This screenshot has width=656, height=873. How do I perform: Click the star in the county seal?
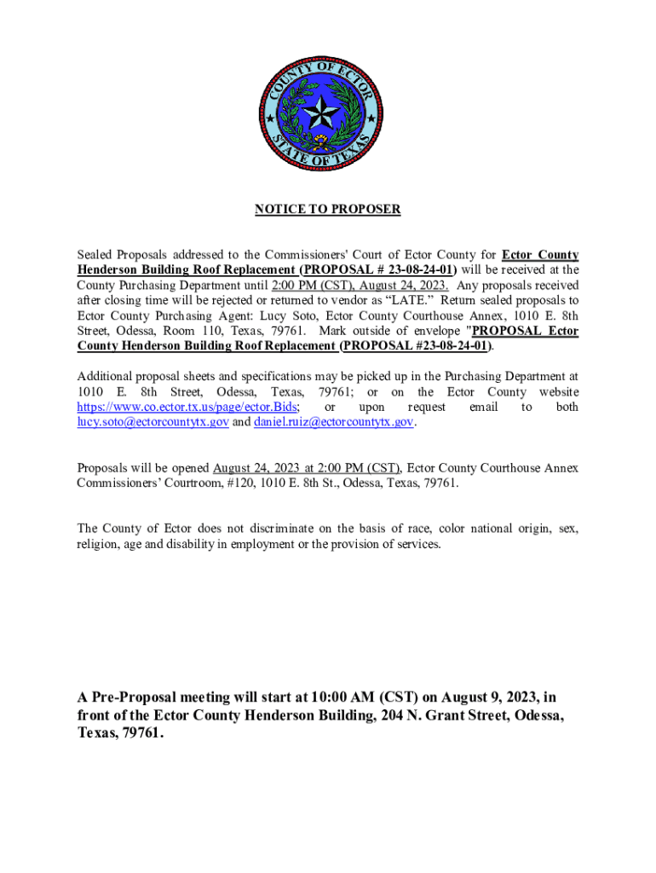click(x=328, y=111)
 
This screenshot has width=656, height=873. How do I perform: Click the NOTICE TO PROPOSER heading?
click(x=328, y=209)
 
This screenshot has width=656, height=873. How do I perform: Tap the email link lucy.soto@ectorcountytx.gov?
click(x=152, y=423)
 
